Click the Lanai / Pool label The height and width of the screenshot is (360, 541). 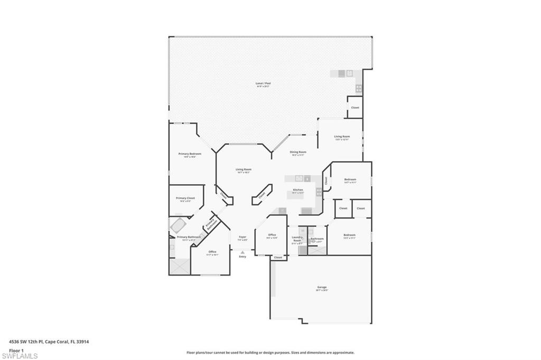tap(260, 83)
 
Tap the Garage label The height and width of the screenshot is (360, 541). tap(322, 287)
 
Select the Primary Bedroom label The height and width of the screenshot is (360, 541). tap(190, 154)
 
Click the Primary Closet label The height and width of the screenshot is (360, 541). tap(185, 198)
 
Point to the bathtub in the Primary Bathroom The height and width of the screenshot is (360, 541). tap(177, 226)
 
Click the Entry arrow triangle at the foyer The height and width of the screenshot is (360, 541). tap(242, 252)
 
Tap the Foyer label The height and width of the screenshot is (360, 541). tap(242, 237)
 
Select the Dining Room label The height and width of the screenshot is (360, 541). tap(298, 152)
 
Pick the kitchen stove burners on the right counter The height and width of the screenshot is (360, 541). tap(319, 192)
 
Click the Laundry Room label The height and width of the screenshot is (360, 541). tap(297, 239)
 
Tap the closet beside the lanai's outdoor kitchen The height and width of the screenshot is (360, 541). tap(355, 108)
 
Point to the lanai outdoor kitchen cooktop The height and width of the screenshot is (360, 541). tap(359, 88)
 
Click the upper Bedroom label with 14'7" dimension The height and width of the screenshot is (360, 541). tap(350, 179)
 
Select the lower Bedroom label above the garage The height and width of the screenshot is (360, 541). tap(349, 235)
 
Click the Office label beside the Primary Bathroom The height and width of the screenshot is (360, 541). tap(212, 252)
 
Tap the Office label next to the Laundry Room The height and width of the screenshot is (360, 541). tap(272, 235)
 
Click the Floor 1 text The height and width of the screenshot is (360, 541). tap(16, 350)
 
